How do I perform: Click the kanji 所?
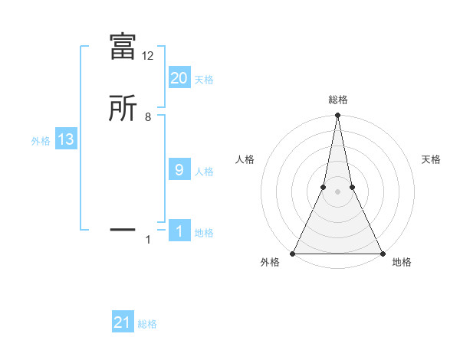point(123,108)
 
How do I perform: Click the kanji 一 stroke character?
point(123,228)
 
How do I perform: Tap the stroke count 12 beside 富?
point(147,56)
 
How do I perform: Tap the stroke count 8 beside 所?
point(148,117)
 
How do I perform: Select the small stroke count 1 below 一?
point(148,241)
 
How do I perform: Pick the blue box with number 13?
point(66,139)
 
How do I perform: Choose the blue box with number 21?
point(123,322)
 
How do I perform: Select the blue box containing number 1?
point(179,231)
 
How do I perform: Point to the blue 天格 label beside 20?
point(204,79)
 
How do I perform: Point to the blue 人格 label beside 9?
point(204,171)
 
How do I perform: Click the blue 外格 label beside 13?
point(41,141)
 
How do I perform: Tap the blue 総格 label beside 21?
point(147,324)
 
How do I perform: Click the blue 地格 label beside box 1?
point(204,232)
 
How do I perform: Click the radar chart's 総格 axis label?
point(337,100)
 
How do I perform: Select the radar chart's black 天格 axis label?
point(431,159)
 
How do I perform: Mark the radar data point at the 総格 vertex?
point(337,116)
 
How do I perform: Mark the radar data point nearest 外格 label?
point(293,254)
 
